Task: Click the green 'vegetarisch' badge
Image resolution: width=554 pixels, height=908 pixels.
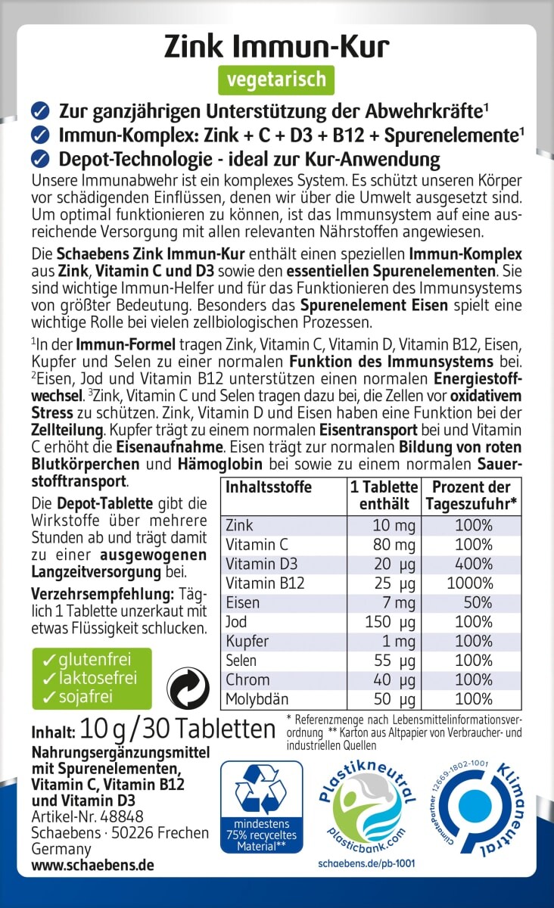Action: click(276, 79)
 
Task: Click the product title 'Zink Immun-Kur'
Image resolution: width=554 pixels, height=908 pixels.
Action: click(277, 46)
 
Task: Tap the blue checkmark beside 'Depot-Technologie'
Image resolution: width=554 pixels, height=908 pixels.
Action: click(40, 159)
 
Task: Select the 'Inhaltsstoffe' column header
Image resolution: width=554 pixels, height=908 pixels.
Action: click(269, 487)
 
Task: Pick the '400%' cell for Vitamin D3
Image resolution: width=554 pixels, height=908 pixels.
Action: click(474, 563)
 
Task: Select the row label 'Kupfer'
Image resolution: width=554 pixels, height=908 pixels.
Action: click(247, 642)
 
